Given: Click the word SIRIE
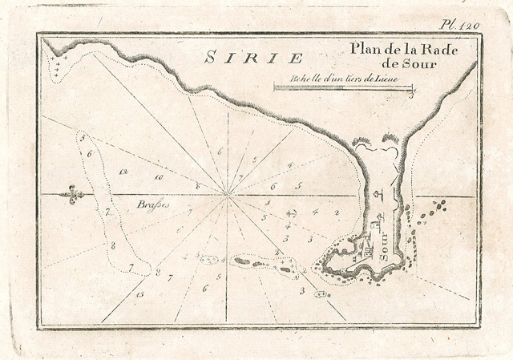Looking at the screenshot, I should pos(253,58).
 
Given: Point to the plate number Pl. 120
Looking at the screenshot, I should pos(465,26).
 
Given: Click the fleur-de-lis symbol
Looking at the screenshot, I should pos(75,195).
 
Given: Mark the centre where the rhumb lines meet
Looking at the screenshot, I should pos(228,194).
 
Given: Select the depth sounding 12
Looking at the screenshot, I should pos(123,172).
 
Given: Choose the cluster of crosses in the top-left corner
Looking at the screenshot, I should pos(58,65).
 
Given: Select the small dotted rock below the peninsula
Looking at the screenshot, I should pos(321,295).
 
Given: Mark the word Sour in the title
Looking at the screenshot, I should pos(420,64).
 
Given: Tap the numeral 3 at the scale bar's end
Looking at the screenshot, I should pos(410,94).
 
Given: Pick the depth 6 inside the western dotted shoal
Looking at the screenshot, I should pos(90,152).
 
